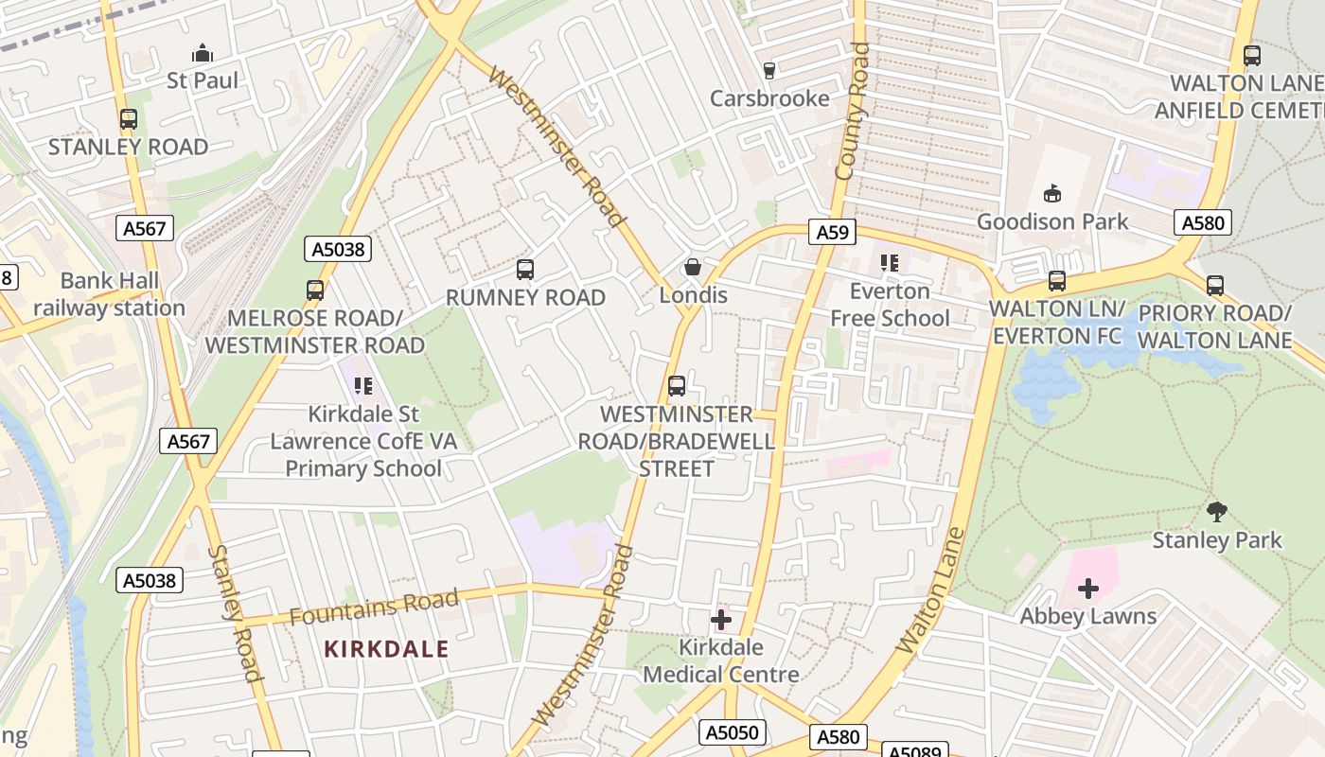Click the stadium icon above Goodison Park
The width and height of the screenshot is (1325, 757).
[x=1051, y=194]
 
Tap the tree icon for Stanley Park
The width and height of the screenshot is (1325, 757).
[x=1217, y=512]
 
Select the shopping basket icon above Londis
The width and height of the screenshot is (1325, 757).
[x=693, y=267]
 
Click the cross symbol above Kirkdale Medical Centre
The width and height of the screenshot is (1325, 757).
[x=721, y=620]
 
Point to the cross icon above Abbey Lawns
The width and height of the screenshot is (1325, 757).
[x=1088, y=589]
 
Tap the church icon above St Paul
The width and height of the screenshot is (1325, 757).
[x=202, y=53]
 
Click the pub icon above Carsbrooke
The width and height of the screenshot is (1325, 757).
[x=768, y=71]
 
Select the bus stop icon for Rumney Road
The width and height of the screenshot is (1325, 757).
[x=525, y=270]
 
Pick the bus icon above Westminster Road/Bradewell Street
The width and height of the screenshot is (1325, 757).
[x=676, y=386]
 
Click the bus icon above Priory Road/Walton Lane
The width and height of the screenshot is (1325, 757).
[x=1215, y=285]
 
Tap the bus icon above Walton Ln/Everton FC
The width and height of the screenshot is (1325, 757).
[x=1056, y=281]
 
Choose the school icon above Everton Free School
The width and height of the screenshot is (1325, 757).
[x=889, y=263]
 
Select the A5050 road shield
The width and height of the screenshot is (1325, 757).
[x=733, y=732]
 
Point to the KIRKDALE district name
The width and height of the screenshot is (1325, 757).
[x=386, y=649]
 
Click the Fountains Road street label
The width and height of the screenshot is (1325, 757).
[x=374, y=607]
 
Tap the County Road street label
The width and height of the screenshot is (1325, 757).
[x=852, y=111]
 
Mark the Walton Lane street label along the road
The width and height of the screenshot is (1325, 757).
[x=930, y=590]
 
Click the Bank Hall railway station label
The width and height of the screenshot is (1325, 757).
[x=110, y=294]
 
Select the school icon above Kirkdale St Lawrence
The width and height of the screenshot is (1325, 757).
[x=362, y=386]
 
